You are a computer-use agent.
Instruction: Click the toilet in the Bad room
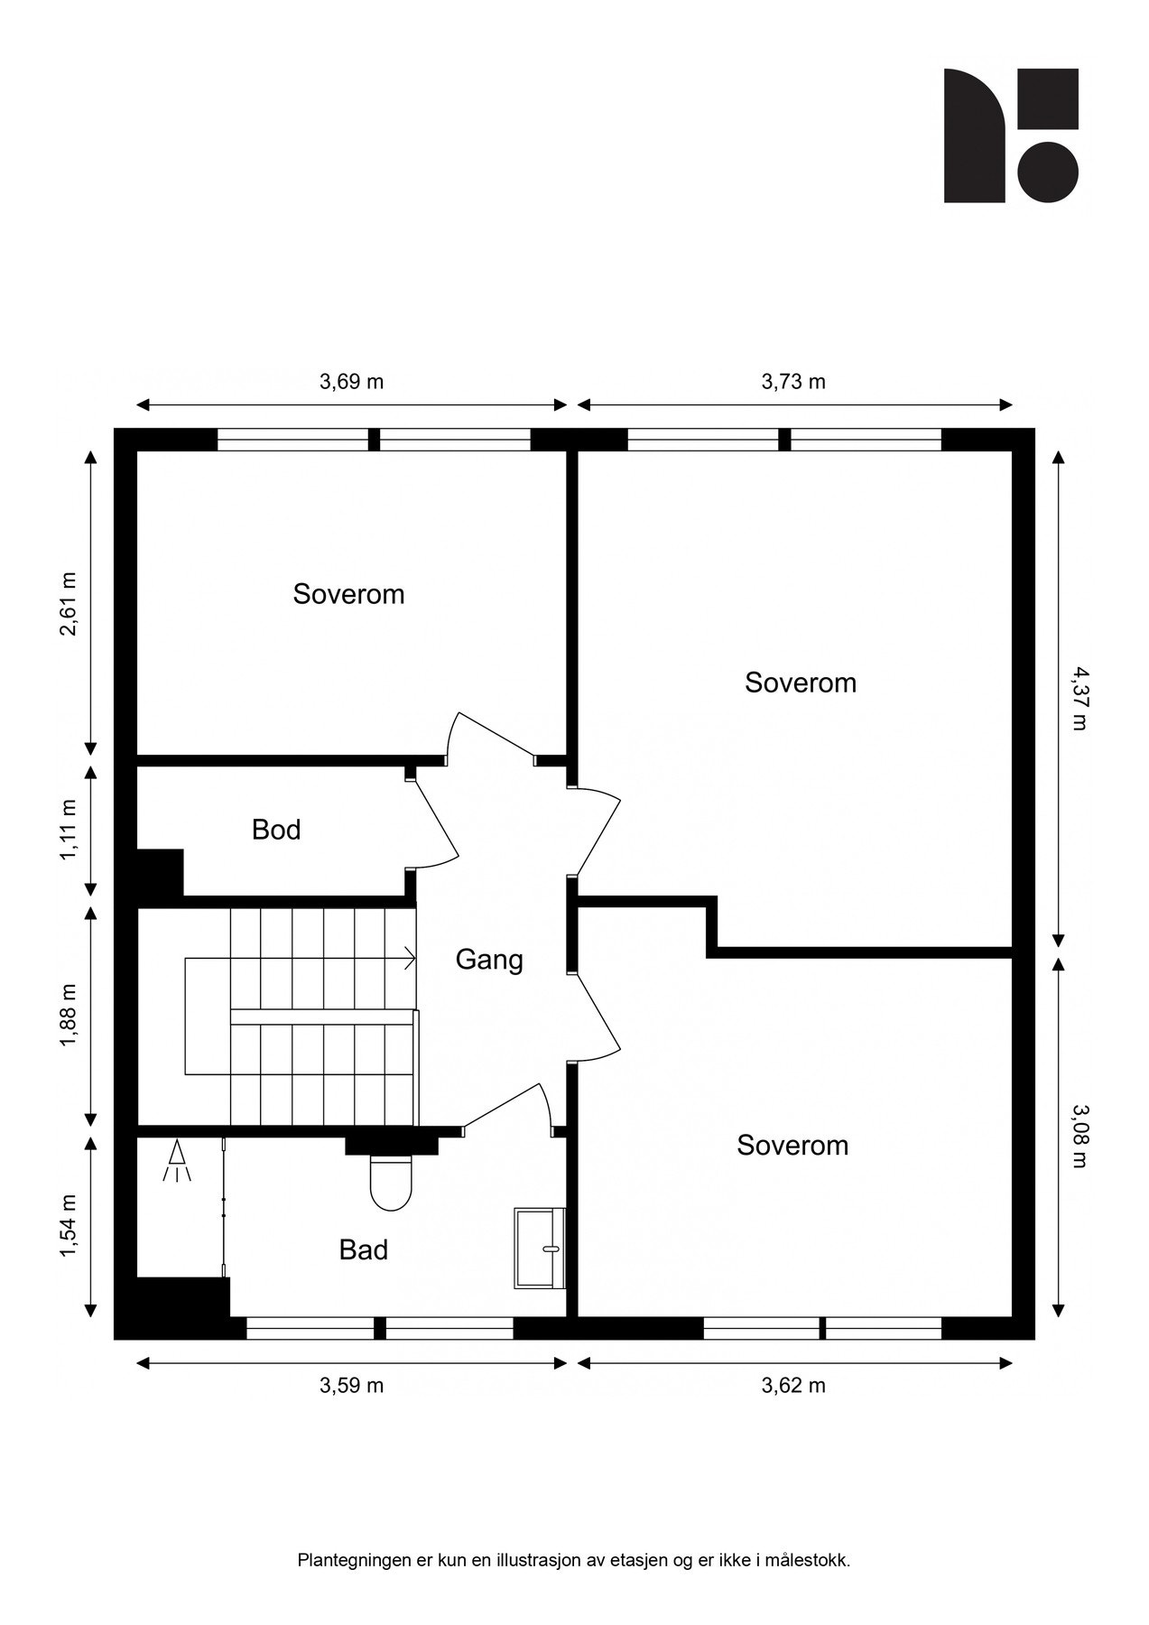click(x=391, y=1183)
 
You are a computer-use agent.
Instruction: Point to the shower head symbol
click(x=178, y=1162)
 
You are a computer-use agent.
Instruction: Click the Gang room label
click(x=489, y=960)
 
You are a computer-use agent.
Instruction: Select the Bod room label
click(x=276, y=830)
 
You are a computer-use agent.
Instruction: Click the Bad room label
click(x=364, y=1250)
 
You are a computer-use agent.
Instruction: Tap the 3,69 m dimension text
click(x=352, y=382)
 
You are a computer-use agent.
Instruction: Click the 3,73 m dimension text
click(x=793, y=382)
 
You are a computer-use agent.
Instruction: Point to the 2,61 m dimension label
click(x=69, y=604)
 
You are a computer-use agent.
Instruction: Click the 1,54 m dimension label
click(x=69, y=1225)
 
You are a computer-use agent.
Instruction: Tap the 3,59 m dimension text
click(x=352, y=1386)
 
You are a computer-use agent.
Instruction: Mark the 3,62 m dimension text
click(x=793, y=1386)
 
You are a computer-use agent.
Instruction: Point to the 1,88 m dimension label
click(x=69, y=1016)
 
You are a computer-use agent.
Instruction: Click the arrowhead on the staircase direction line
click(x=412, y=958)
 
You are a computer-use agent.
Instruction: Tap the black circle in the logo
click(x=1048, y=172)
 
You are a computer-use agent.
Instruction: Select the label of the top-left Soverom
click(x=348, y=594)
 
